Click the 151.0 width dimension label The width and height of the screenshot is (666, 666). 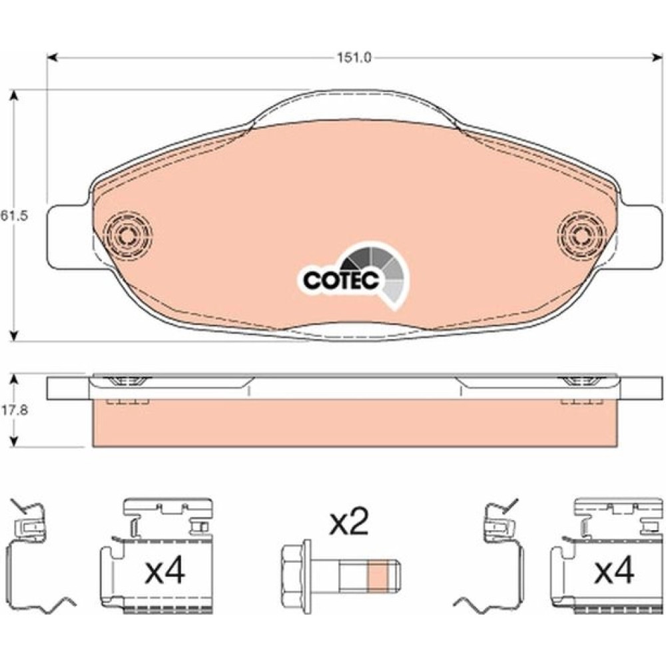354,58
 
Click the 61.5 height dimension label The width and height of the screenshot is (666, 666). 14,215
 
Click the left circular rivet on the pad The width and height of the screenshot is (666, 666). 127,235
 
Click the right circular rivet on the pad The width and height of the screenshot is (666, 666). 581,235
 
